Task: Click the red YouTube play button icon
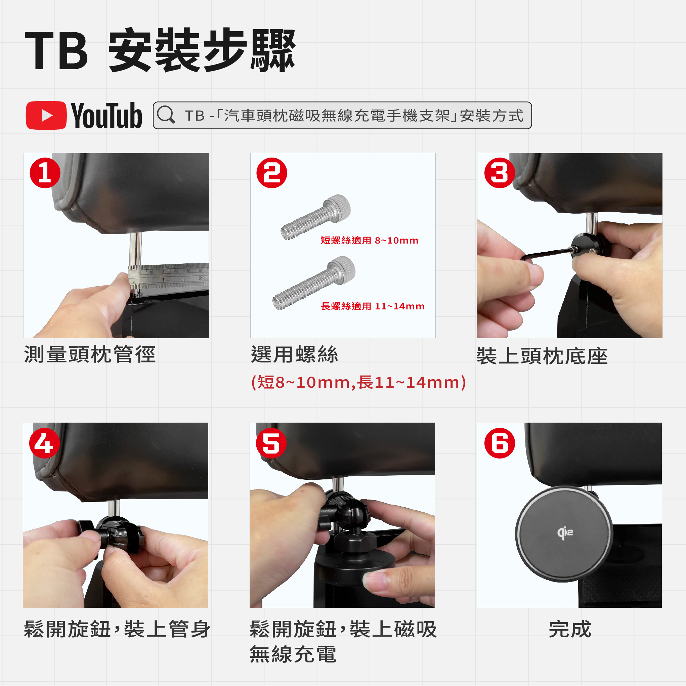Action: pos(46,116)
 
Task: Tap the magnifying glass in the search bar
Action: pos(166,114)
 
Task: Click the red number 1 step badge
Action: pos(45,173)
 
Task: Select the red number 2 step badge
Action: pos(272,173)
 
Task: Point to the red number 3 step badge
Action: pos(500,173)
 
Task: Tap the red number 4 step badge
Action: pos(44,443)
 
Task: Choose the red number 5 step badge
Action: pos(271,443)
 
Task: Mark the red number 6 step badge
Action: pos(500,443)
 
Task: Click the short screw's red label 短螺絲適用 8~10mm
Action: pos(369,241)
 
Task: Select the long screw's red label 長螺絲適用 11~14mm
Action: pos(373,306)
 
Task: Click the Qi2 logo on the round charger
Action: pos(565,533)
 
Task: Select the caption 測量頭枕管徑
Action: pos(90,354)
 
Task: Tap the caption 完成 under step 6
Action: pos(570,629)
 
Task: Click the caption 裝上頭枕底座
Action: pos(542,356)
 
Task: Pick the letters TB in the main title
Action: pos(56,50)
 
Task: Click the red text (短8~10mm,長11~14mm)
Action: pos(358,382)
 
